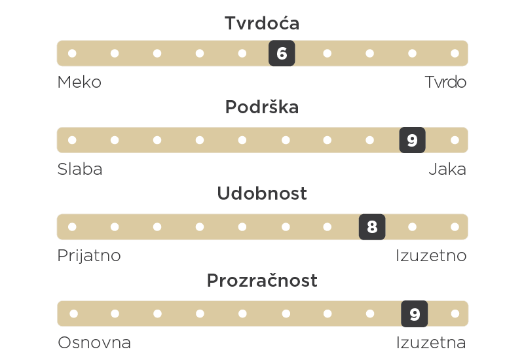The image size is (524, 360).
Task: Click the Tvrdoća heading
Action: click(x=262, y=23)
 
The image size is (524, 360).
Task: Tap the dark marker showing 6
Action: click(x=282, y=53)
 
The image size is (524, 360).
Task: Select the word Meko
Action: click(x=79, y=82)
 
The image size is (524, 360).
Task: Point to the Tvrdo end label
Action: click(x=445, y=82)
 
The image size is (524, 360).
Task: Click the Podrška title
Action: click(x=262, y=107)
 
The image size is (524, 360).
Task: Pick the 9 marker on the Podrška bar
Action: click(x=413, y=140)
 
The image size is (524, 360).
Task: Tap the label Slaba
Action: click(x=80, y=169)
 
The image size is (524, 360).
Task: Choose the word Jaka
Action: click(x=447, y=169)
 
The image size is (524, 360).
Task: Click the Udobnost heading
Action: click(x=262, y=193)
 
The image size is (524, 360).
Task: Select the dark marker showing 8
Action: click(x=372, y=226)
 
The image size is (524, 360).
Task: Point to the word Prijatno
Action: click(x=89, y=256)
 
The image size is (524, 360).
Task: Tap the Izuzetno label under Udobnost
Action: click(x=431, y=256)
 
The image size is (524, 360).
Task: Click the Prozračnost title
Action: click(x=262, y=280)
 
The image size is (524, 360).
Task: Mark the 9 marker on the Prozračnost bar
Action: click(x=415, y=314)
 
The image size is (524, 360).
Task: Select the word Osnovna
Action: click(x=94, y=342)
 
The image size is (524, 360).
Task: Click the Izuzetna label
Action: click(x=431, y=342)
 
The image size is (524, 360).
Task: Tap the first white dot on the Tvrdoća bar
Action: click(x=72, y=53)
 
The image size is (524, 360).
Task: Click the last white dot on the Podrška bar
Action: click(x=455, y=140)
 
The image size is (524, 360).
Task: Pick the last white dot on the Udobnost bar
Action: click(x=455, y=226)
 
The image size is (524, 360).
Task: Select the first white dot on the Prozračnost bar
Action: click(x=74, y=314)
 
